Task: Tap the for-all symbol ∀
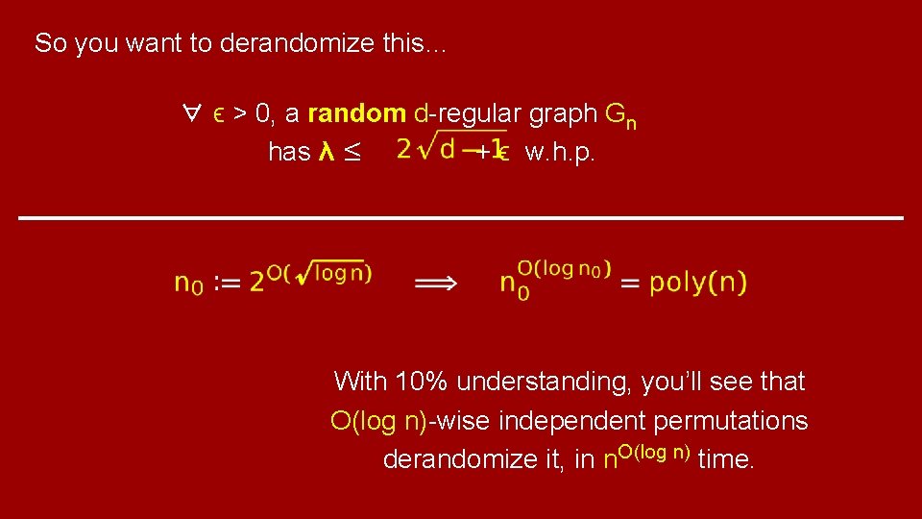190,114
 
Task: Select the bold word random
357,114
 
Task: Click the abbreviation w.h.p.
560,153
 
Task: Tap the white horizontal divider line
461,219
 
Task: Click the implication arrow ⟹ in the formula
435,283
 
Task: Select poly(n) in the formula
698,283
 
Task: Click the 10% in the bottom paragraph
421,382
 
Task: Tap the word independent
573,421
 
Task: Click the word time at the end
726,460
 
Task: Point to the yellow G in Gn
616,114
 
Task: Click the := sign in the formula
228,284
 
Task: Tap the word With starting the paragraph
359,382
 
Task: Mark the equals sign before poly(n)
629,283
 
